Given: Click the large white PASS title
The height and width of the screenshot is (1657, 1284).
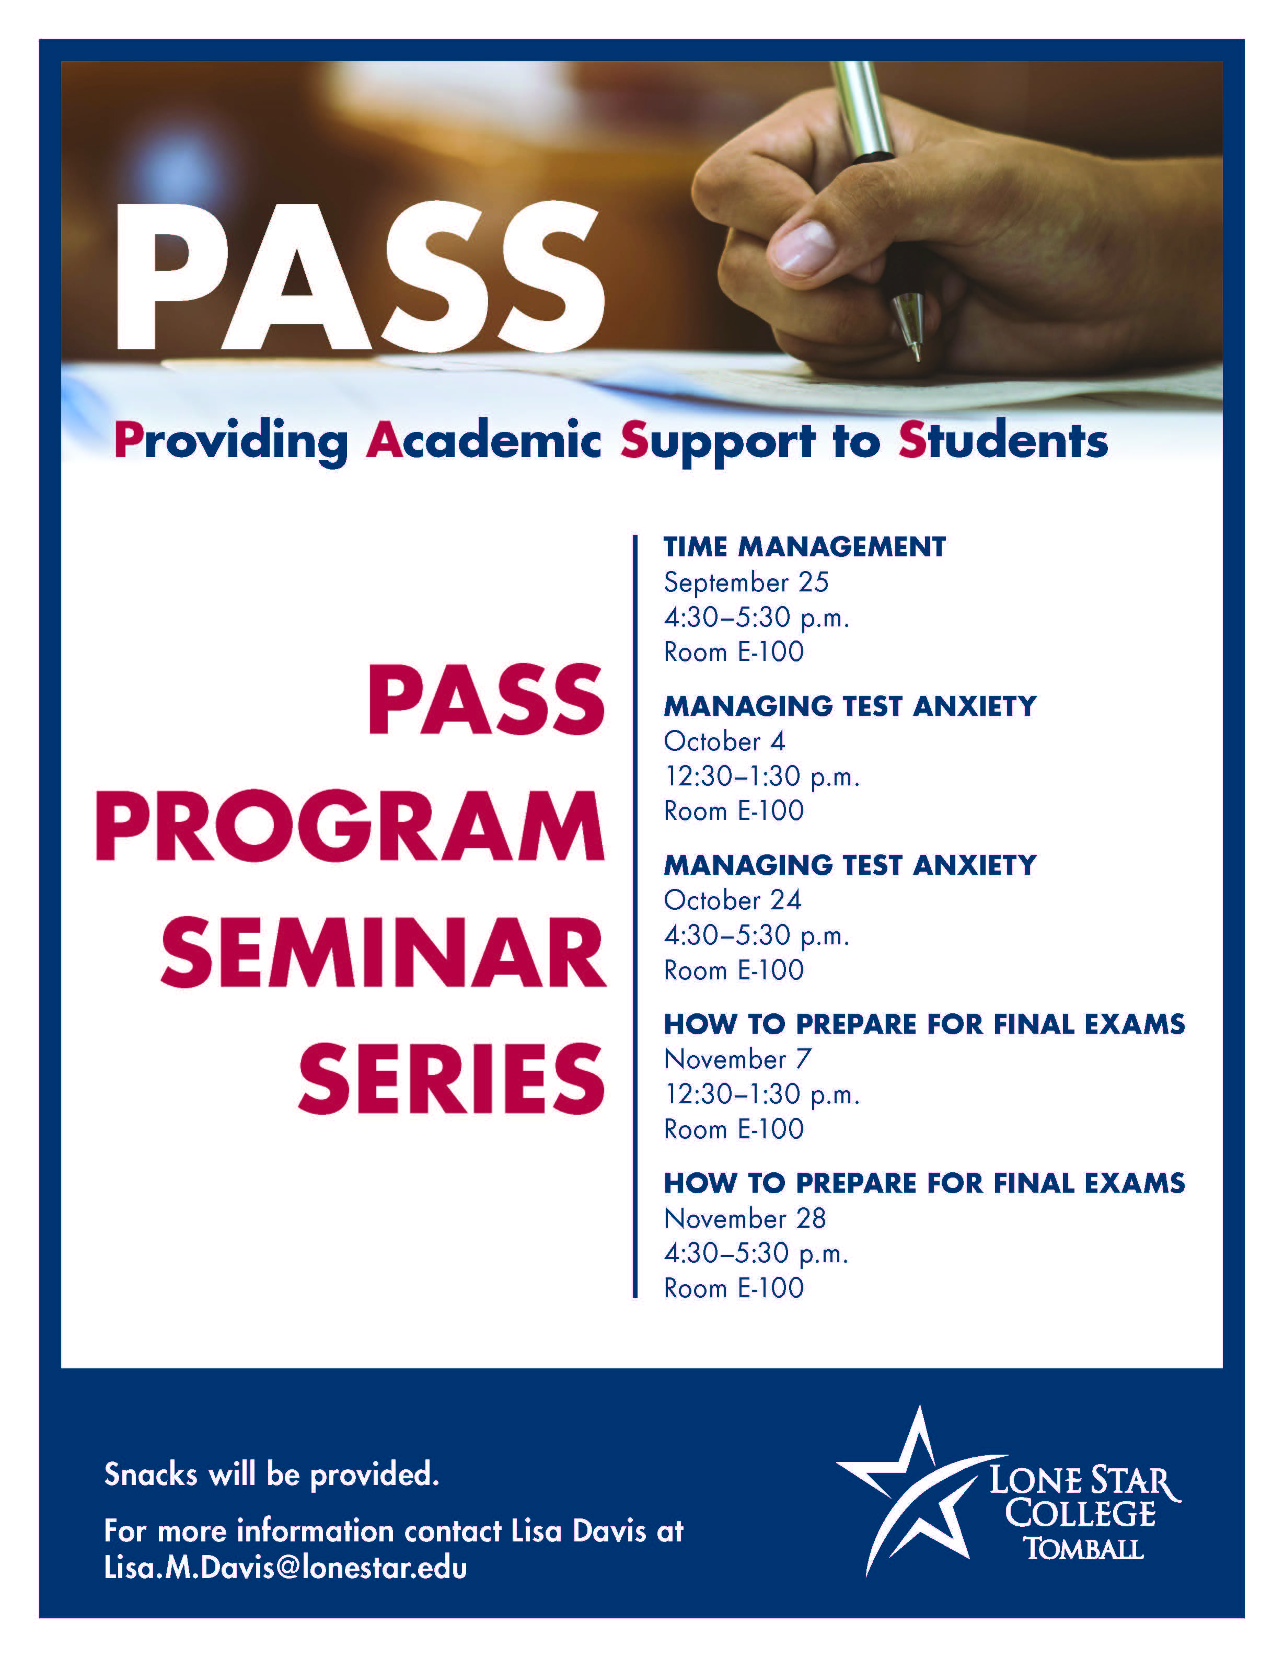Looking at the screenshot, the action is pos(358,279).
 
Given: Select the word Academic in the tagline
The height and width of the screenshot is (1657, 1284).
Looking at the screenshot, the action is pos(483,441).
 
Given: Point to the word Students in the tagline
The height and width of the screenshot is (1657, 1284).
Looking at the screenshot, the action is pos(1003,441).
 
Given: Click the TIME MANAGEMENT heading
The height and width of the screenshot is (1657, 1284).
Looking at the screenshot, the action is pos(805,547).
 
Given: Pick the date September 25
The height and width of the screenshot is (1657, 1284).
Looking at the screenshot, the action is pos(746,582).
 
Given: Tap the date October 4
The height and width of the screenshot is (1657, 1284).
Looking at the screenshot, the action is pos(724,741).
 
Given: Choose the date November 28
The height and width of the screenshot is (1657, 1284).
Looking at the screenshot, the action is pos(745,1218).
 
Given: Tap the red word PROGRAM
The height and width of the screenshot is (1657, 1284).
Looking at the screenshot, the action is pos(350,826).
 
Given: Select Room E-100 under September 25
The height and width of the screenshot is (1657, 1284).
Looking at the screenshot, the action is pos(733,652).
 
